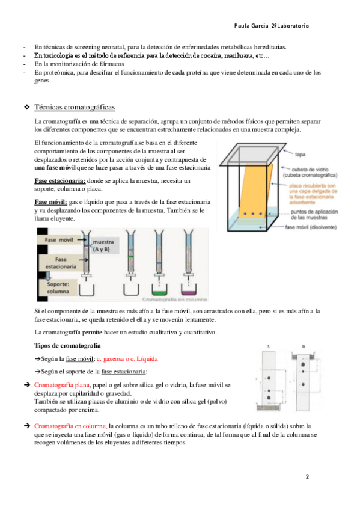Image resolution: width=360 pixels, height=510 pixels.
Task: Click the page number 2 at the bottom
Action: coord(307,476)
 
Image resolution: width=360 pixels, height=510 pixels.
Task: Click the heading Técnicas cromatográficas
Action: coord(75,107)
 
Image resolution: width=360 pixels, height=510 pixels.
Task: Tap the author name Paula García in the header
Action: coord(251,26)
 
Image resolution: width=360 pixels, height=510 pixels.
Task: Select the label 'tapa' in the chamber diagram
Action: coord(300,155)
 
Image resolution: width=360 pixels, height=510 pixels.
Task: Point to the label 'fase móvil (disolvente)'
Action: coord(311,227)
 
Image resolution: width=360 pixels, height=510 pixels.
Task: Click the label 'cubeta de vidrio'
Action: coord(310,170)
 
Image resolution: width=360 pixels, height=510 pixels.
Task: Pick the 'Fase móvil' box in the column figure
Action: coord(59,240)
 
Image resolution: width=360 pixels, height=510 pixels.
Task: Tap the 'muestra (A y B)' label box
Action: coord(103,246)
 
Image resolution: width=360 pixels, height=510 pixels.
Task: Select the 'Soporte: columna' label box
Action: coord(58,288)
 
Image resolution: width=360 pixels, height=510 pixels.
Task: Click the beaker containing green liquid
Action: coord(159,290)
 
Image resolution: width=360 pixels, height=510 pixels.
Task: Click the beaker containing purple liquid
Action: coord(189,290)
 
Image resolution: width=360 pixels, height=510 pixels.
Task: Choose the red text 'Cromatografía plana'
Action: coord(62,385)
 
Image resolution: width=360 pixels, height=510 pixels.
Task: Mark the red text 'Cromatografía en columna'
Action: coord(71,426)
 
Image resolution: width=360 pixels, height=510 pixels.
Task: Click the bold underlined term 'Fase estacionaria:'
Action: coord(60,181)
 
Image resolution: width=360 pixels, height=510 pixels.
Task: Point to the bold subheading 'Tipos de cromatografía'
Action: coord(67,345)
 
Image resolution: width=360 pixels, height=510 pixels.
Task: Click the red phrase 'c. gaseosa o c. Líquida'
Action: coord(127,359)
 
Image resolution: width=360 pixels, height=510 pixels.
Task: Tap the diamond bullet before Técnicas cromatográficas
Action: coord(26,107)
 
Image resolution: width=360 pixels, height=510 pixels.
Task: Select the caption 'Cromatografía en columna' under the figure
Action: coord(174,300)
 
